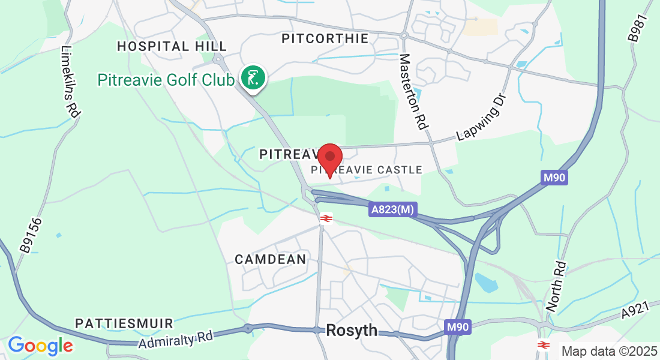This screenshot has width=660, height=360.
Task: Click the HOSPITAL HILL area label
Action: coord(172,46)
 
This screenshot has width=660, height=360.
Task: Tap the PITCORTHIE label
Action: coord(325,39)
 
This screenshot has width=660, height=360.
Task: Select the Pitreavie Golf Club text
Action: coord(166,80)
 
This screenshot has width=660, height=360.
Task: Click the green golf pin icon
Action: coord(253,78)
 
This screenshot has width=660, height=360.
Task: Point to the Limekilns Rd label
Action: coord(70,81)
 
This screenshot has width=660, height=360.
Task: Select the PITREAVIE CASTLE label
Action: coord(367,170)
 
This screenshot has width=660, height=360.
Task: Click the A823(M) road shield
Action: coord(393,209)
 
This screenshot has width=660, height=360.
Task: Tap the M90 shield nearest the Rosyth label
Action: coord(458,327)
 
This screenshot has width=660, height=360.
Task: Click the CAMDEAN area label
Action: coord(270,260)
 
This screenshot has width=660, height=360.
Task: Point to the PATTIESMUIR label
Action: coord(124,323)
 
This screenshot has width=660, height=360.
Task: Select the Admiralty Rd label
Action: coord(175,339)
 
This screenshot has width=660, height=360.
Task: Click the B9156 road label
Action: coord(29,235)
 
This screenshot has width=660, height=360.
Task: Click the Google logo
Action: coord(40,346)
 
